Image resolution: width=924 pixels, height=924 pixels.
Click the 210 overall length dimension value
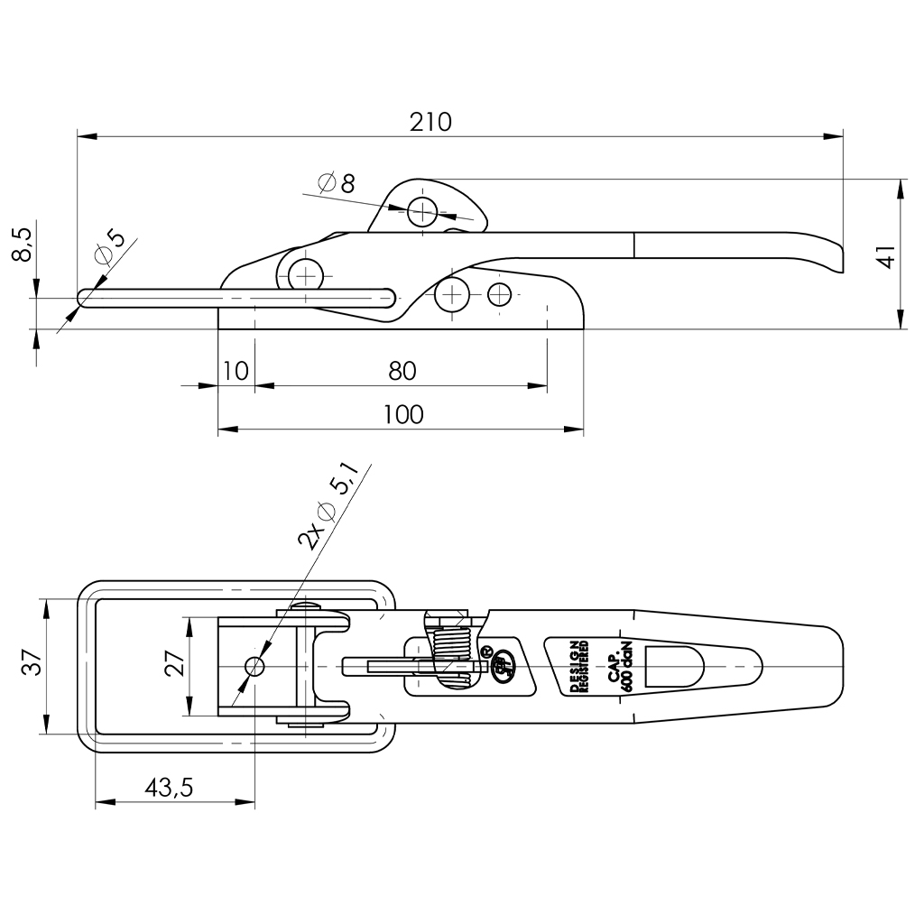tap(430, 122)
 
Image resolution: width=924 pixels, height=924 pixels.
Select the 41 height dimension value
tap(887, 256)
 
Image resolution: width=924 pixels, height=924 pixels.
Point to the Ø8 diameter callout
tap(337, 183)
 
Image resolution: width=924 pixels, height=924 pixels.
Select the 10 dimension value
tap(235, 370)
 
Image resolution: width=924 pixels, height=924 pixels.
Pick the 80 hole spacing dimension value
tap(402, 370)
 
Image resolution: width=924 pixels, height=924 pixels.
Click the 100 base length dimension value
tap(402, 414)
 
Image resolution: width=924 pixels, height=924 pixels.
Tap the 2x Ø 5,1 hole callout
tap(330, 506)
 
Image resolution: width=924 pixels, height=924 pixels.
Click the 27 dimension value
tap(177, 665)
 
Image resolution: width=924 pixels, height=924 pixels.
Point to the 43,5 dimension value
tap(169, 787)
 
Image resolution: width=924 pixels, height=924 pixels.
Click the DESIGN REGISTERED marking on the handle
tap(578, 667)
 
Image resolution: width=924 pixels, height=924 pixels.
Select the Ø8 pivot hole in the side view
tap(421, 212)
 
